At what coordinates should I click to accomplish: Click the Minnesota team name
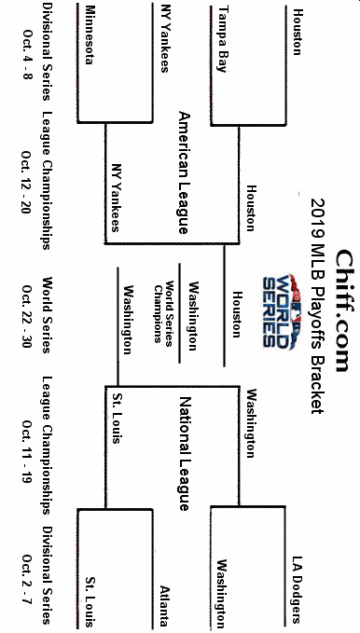tap(90, 34)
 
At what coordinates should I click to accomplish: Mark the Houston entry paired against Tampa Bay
tap(297, 31)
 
